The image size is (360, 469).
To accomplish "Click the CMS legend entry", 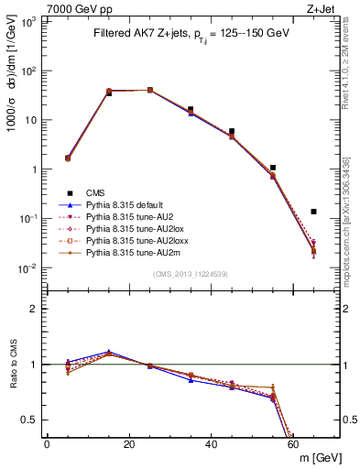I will (x=95, y=192).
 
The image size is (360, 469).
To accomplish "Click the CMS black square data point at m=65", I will (x=313, y=212).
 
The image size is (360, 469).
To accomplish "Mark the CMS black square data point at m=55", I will (x=273, y=168).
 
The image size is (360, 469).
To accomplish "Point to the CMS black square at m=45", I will (x=232, y=132).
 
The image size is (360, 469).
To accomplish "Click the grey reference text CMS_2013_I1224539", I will (x=191, y=274).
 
